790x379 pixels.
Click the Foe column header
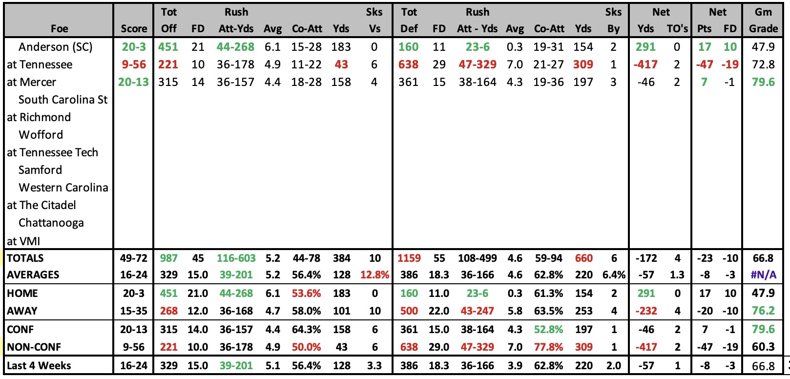tap(59, 29)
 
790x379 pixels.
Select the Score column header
tap(134, 29)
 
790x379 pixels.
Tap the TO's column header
tap(677, 29)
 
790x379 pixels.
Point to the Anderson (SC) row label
tap(55, 47)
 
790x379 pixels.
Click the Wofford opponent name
tap(41, 135)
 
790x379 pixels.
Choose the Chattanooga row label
tap(51, 223)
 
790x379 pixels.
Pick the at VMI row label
tap(23, 241)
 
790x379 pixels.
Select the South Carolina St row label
tap(63, 100)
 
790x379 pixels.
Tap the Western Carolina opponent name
tap(63, 188)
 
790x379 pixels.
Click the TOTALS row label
tap(25, 258)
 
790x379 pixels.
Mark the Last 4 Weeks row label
tap(39, 366)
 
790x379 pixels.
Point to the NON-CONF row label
tap(34, 347)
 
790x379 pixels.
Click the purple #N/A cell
tap(763, 275)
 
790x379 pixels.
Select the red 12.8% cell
tap(374, 275)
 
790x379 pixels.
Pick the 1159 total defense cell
tap(409, 258)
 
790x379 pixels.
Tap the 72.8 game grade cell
tap(763, 64)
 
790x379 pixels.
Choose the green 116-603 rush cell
tap(236, 258)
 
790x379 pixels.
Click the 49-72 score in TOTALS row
tap(133, 258)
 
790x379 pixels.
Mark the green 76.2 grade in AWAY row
tap(763, 311)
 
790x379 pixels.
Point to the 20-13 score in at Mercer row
tap(133, 82)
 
